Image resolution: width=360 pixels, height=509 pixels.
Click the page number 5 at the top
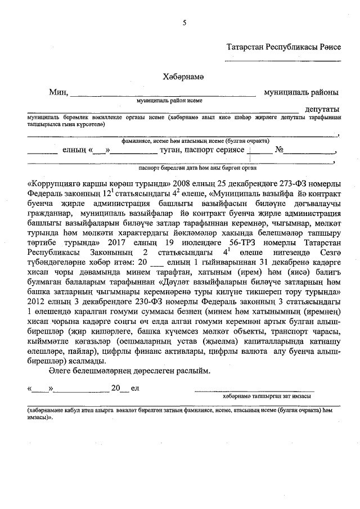184,22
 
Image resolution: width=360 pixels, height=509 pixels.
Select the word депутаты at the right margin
322,109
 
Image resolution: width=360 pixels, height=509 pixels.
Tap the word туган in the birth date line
170,150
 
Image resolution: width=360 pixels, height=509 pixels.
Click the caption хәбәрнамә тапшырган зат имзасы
259,396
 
